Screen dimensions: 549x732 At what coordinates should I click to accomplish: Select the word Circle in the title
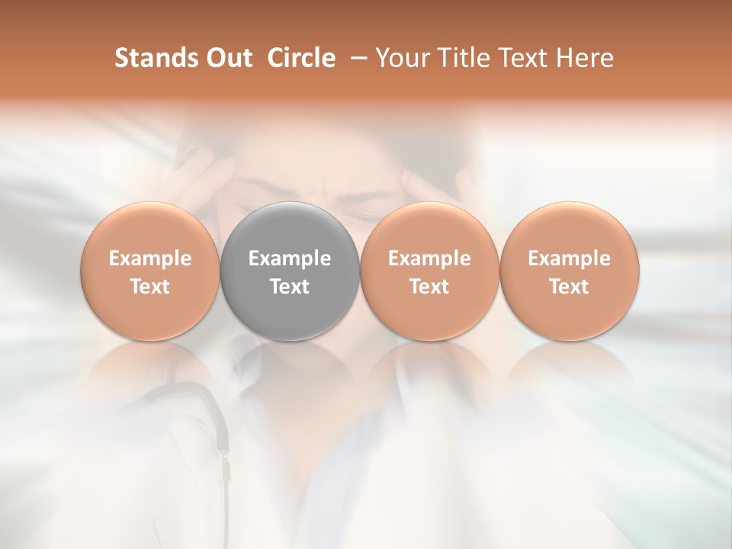(300, 58)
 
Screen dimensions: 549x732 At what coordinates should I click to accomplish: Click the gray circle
(290, 271)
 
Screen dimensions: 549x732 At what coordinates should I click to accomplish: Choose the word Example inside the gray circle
(290, 258)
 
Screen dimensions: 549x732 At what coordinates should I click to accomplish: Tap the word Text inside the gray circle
(290, 287)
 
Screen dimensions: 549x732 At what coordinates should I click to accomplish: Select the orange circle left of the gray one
(150, 271)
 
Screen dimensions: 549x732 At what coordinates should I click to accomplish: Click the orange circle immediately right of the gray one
(429, 271)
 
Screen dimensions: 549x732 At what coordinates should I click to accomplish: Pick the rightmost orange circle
(569, 271)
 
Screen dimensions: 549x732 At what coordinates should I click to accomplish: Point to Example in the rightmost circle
(569, 258)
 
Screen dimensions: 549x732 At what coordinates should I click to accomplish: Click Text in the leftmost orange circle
(150, 287)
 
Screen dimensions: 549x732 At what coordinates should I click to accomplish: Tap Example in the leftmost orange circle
(150, 258)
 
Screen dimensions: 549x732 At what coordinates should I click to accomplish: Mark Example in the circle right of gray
(429, 258)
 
